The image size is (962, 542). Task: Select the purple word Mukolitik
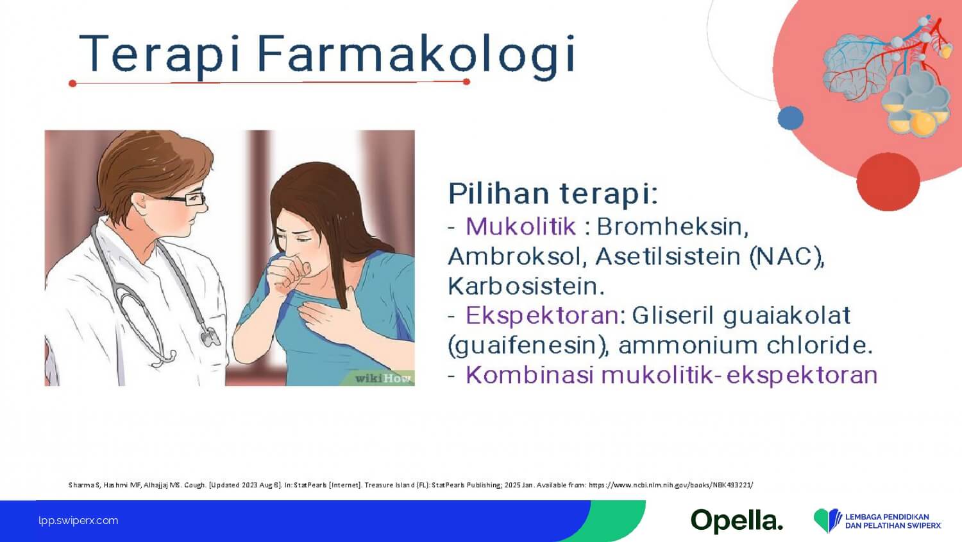pos(521,227)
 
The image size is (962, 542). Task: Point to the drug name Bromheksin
pos(673,227)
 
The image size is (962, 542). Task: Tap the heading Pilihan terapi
pos(553,195)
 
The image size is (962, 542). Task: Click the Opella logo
pos(736,521)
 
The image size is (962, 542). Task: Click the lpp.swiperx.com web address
pos(78,521)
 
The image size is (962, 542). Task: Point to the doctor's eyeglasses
pos(185,199)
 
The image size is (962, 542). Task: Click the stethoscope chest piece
pos(210,337)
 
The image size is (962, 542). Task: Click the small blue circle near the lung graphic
pos(790,118)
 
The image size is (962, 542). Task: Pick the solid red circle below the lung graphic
pos(888,182)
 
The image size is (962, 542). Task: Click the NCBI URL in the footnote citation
pos(670,485)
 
